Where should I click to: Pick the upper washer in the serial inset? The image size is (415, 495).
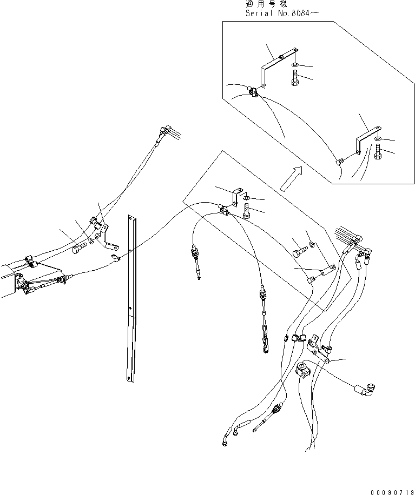tap(294, 65)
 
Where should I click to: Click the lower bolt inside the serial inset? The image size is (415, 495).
tap(378, 153)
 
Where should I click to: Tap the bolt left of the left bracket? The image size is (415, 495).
tap(78, 249)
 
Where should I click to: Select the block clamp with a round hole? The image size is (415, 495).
tap(304, 372)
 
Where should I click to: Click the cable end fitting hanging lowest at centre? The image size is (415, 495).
tap(266, 346)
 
